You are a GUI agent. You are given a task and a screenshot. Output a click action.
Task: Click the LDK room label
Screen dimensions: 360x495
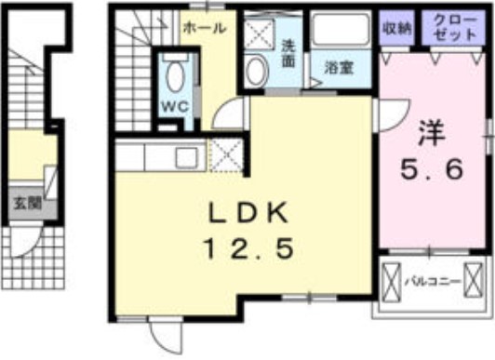pyautogui.click(x=247, y=213)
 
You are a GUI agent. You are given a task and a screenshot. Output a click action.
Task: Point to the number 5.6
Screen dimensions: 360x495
pyautogui.click(x=430, y=170)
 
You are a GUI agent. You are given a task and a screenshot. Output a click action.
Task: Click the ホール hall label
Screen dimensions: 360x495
pyautogui.click(x=205, y=29)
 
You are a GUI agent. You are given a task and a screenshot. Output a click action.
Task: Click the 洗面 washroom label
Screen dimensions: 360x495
pyautogui.click(x=288, y=52)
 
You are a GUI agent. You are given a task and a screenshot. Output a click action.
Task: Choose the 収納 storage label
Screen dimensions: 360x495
pyautogui.click(x=396, y=27)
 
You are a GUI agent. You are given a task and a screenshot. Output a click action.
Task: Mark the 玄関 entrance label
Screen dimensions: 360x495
pyautogui.click(x=25, y=202)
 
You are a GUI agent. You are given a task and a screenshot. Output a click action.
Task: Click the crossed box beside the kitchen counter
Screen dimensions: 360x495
pyautogui.click(x=226, y=154)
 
